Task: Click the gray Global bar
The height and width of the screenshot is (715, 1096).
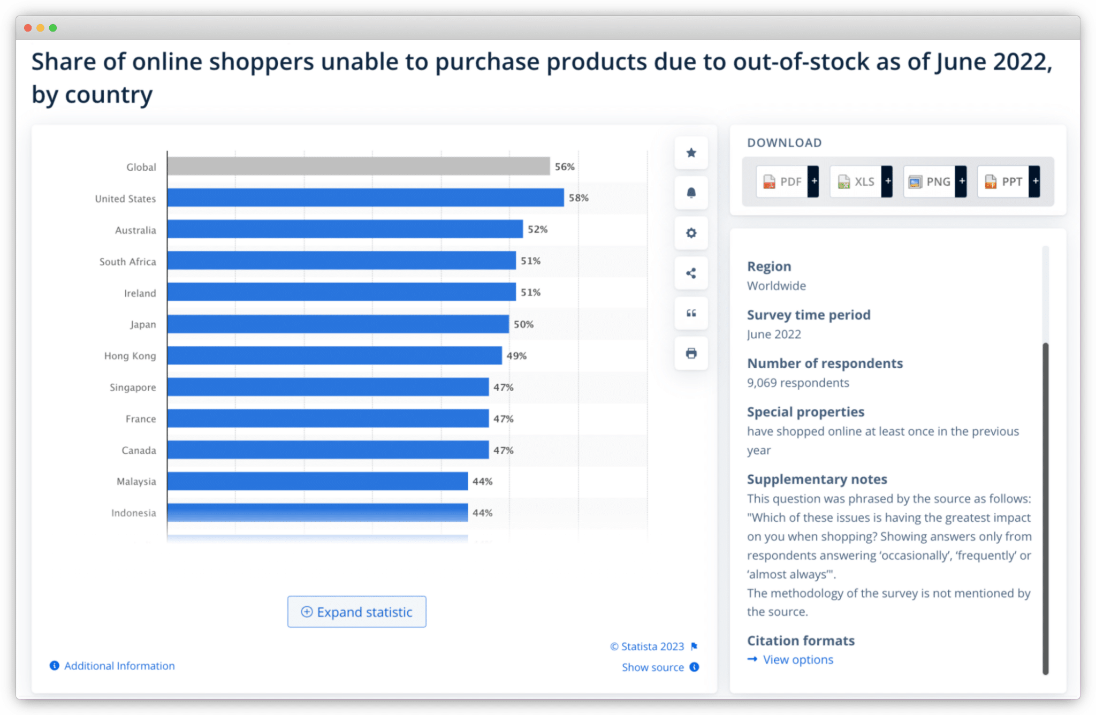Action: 358,166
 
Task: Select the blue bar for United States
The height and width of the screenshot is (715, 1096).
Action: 365,197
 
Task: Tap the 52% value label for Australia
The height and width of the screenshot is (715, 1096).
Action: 537,229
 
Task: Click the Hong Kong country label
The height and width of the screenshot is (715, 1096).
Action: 130,356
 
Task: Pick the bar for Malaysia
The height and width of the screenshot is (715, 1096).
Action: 317,481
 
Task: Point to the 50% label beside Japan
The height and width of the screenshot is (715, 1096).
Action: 523,324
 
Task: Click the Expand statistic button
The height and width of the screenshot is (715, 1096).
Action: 357,612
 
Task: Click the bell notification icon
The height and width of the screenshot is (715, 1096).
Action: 691,193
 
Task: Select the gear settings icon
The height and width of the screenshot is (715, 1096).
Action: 691,233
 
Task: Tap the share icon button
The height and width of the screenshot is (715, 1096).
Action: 691,273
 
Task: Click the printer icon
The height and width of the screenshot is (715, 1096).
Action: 691,353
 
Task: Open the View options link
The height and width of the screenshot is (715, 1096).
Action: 797,659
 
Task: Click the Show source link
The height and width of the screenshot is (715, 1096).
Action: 653,667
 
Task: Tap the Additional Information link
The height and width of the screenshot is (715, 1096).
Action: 119,666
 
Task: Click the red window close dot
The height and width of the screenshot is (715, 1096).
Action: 28,28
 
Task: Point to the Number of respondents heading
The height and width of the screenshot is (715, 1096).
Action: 824,363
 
